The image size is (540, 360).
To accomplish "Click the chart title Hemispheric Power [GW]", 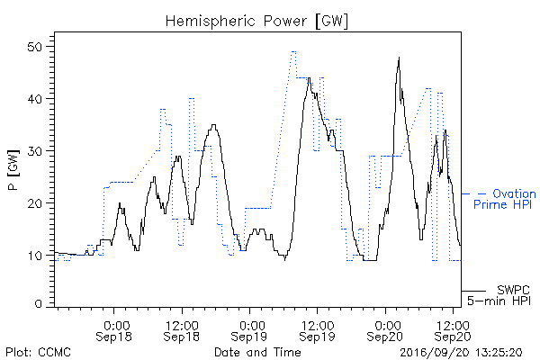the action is pyautogui.click(x=256, y=22).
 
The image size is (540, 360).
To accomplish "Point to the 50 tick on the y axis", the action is pyautogui.click(x=35, y=47).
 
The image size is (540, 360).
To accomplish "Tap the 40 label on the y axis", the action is pyautogui.click(x=35, y=99).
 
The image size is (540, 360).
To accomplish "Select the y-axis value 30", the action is pyautogui.click(x=35, y=151).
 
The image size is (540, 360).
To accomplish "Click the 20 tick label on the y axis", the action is pyautogui.click(x=35, y=202).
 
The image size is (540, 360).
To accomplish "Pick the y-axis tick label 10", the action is pyautogui.click(x=35, y=256).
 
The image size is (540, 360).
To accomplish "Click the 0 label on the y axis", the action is pyautogui.click(x=39, y=304).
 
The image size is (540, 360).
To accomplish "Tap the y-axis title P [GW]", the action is pyautogui.click(x=13, y=169).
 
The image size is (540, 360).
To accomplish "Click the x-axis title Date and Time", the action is pyautogui.click(x=257, y=352).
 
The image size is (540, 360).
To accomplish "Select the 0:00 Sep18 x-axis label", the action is pyautogui.click(x=113, y=331).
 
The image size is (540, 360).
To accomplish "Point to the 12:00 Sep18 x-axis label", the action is pyautogui.click(x=182, y=331).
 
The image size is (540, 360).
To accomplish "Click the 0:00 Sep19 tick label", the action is pyautogui.click(x=249, y=331).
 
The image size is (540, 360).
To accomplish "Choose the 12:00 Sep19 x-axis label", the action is pyautogui.click(x=317, y=331).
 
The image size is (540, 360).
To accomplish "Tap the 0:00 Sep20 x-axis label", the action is pyautogui.click(x=384, y=331).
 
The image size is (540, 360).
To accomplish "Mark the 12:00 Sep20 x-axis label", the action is pyautogui.click(x=453, y=331).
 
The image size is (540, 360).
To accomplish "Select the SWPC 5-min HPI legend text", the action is pyautogui.click(x=499, y=295).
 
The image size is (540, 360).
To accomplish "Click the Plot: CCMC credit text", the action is pyautogui.click(x=38, y=352).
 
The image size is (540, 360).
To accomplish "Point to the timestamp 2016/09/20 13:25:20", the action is pyautogui.click(x=461, y=353).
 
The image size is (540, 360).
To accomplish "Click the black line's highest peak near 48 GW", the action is pyautogui.click(x=399, y=58).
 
